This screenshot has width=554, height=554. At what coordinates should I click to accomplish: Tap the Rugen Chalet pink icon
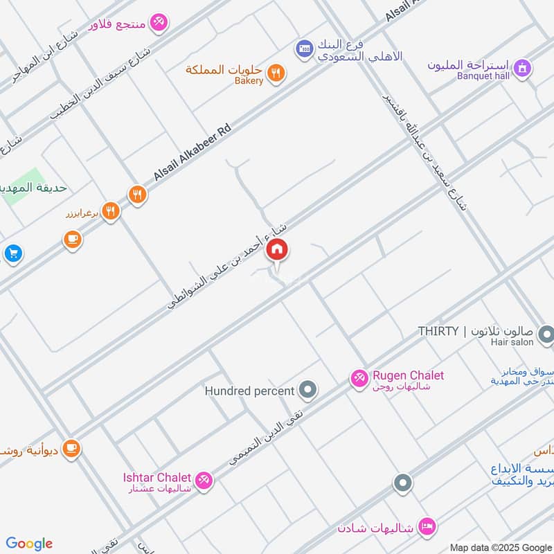(359, 378)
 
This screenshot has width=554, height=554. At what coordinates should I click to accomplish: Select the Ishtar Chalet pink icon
(203, 479)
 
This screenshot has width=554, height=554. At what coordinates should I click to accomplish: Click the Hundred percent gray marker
(308, 391)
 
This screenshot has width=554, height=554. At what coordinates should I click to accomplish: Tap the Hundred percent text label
(249, 391)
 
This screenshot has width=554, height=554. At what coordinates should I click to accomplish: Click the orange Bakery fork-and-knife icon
(276, 72)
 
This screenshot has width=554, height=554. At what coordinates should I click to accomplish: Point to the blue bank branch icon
(303, 48)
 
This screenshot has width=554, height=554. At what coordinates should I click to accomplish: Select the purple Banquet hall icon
(524, 68)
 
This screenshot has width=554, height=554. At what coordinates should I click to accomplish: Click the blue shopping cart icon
(12, 253)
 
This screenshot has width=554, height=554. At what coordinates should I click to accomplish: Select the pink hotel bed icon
(427, 527)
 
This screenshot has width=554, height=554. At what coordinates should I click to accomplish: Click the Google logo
(29, 543)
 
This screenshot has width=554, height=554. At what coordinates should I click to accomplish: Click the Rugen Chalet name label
(408, 375)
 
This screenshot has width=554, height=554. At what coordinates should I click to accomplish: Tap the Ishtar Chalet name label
(157, 477)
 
